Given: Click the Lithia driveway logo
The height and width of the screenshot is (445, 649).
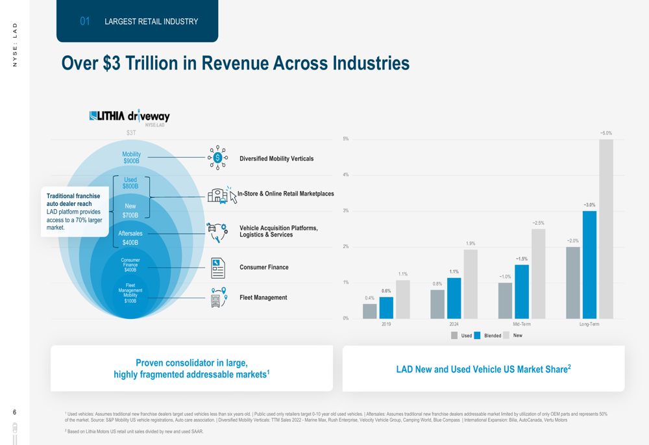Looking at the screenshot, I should (129, 117).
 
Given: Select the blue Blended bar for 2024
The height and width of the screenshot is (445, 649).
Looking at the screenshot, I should (454, 298).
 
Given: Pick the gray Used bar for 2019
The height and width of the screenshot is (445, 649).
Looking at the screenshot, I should (370, 311).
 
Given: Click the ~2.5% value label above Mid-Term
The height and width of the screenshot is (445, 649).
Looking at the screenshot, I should (538, 223).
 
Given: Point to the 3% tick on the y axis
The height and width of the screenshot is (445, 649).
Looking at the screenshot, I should (346, 211).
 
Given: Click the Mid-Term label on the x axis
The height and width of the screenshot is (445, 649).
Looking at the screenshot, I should (522, 324).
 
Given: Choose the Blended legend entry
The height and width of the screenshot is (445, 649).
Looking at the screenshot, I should (493, 336).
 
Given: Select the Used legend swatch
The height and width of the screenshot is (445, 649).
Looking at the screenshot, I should (454, 336).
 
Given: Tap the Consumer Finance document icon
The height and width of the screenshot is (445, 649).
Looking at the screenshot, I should (218, 268).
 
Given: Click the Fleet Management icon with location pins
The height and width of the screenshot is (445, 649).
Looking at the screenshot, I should (219, 298).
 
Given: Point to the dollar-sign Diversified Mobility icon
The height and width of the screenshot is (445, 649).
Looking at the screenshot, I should (217, 158).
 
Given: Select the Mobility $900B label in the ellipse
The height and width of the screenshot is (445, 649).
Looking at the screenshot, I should (131, 158).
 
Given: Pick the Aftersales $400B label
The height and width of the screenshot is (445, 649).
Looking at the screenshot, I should (130, 238).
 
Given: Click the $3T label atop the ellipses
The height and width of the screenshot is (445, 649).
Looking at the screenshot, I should (131, 133).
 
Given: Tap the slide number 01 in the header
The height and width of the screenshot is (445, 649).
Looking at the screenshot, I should (85, 21).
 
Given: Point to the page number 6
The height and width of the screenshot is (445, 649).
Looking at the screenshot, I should (15, 412).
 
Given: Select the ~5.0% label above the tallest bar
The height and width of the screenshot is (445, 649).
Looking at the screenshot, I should (606, 133).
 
